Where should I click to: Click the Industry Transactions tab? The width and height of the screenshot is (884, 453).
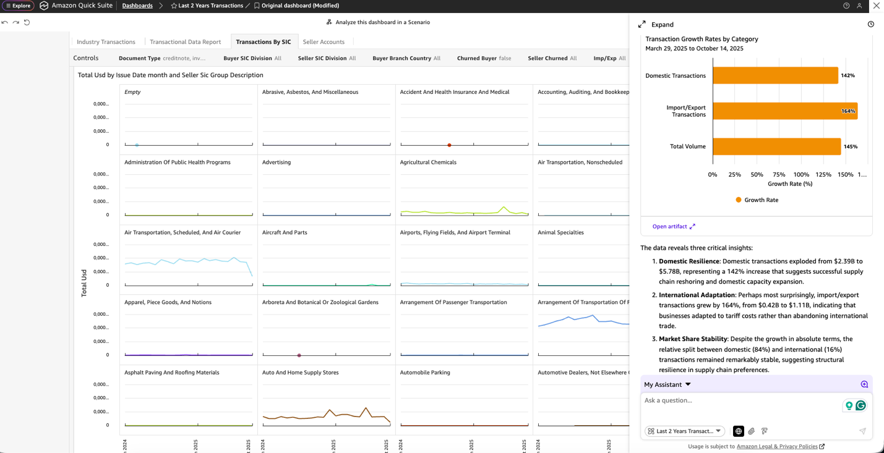[x=106, y=42]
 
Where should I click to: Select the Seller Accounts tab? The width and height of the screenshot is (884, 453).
[x=324, y=42]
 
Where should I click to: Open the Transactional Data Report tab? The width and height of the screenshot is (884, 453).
[x=185, y=42]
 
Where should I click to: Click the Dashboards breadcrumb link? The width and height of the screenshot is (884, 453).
[x=137, y=6]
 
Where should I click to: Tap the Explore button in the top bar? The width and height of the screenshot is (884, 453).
[x=18, y=6]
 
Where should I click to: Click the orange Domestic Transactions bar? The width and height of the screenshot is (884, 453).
[x=775, y=75]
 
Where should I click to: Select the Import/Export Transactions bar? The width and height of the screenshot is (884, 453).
[x=784, y=111]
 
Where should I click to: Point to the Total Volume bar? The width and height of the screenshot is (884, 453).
[x=776, y=146]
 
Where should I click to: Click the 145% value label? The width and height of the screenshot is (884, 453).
[x=851, y=146]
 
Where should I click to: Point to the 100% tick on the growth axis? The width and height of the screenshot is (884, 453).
[x=801, y=175]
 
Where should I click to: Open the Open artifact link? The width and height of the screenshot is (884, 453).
[x=674, y=227]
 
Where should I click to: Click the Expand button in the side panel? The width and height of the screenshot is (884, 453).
[x=656, y=25]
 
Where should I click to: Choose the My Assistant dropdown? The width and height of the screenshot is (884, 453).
[x=667, y=384]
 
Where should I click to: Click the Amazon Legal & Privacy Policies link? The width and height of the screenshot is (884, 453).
[x=777, y=446]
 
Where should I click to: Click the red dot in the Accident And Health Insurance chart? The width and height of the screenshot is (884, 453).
[x=449, y=145]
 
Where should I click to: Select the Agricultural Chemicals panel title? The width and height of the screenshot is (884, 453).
[x=428, y=163]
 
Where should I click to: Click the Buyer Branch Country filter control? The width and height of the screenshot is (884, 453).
[x=406, y=58]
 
